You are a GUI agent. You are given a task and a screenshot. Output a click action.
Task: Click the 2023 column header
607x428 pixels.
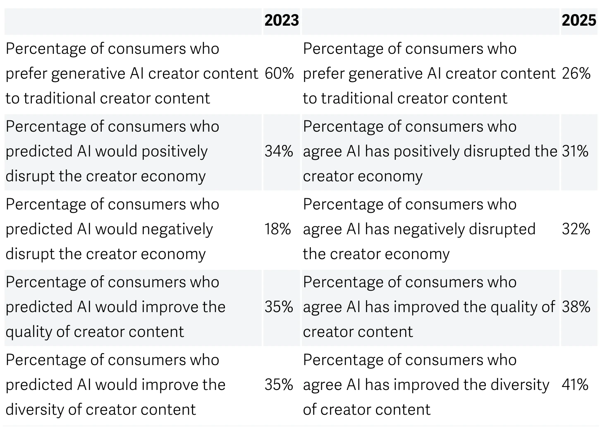pyautogui.click(x=281, y=20)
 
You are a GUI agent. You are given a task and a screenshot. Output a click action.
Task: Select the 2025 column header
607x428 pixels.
pyautogui.click(x=578, y=20)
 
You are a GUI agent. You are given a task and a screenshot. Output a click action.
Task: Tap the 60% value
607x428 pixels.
pyautogui.click(x=279, y=74)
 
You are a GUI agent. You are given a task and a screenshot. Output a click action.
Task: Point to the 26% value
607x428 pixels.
pyautogui.click(x=576, y=74)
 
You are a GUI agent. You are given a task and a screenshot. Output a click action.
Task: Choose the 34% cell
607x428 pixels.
pyautogui.click(x=279, y=151)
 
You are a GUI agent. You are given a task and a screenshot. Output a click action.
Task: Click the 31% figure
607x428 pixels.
pyautogui.click(x=575, y=151)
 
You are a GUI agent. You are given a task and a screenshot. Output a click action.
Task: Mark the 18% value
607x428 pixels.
pyautogui.click(x=278, y=229)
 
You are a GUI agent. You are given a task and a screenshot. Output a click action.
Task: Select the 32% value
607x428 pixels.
pyautogui.click(x=576, y=229)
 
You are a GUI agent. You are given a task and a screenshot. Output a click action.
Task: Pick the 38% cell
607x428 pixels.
pyautogui.click(x=576, y=307)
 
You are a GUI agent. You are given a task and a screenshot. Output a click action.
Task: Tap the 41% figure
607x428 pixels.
pyautogui.click(x=575, y=385)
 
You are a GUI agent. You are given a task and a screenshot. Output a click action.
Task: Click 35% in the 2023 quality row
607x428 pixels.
pyautogui.click(x=279, y=307)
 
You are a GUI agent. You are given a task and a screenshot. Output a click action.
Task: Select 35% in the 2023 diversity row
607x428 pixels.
pyautogui.click(x=279, y=385)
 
